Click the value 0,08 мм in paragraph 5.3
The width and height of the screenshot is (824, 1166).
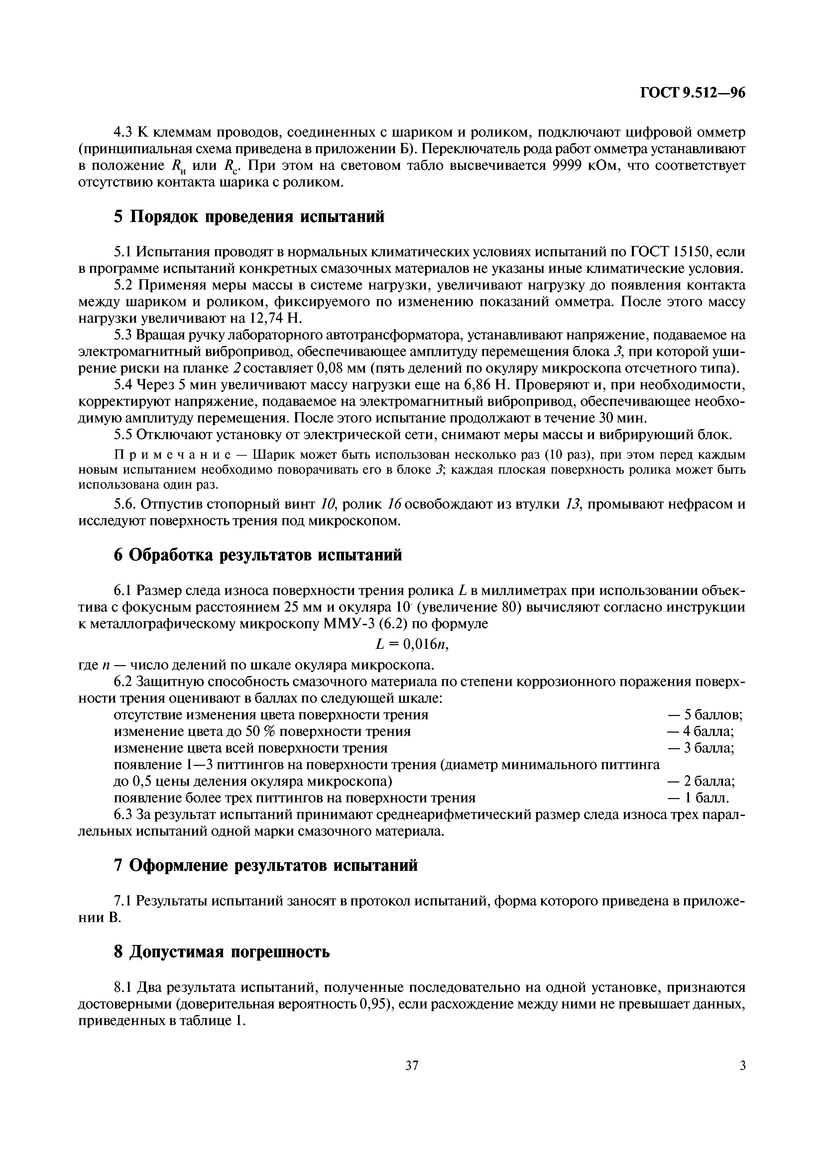[339, 368]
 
